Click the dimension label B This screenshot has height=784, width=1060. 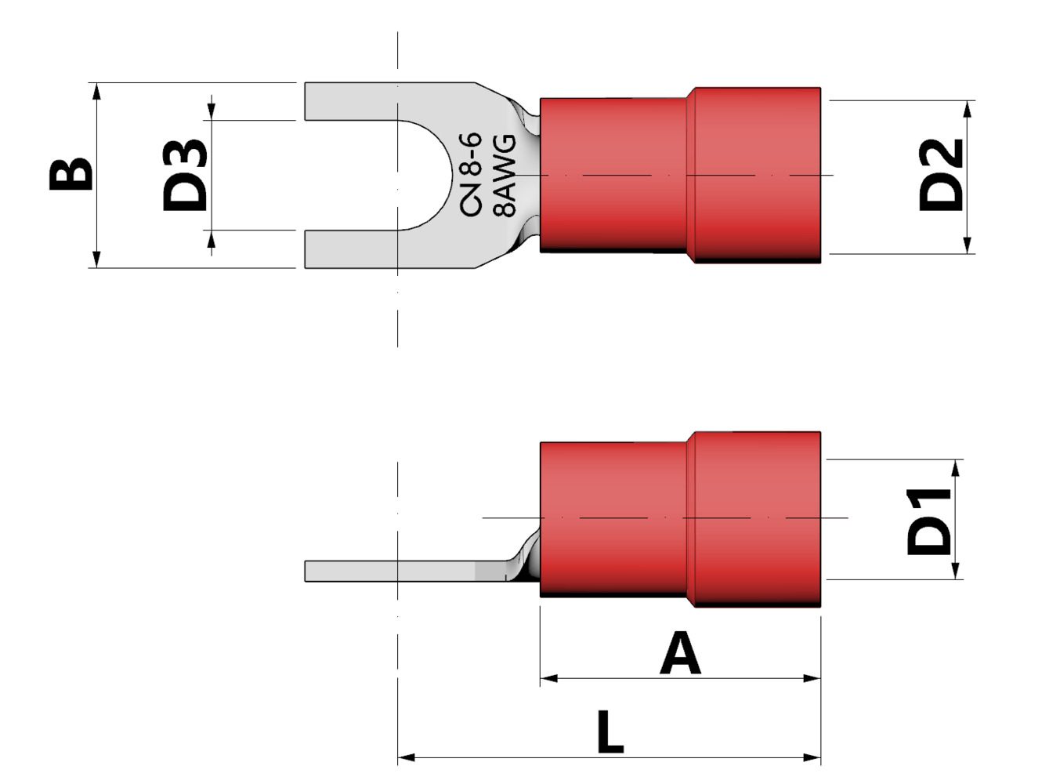click(x=71, y=174)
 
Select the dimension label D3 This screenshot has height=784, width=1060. click(x=185, y=176)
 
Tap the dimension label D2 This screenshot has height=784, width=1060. click(x=940, y=175)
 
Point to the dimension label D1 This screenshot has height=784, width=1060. click(x=929, y=521)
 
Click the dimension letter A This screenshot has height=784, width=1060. click(x=679, y=655)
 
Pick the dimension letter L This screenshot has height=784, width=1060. click(x=610, y=733)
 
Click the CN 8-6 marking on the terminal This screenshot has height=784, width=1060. click(x=470, y=174)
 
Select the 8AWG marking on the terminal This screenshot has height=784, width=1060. click(x=505, y=175)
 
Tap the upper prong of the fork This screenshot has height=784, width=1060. click(x=353, y=101)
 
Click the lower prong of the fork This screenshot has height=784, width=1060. click(x=353, y=249)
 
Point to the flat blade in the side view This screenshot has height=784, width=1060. click(x=392, y=572)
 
